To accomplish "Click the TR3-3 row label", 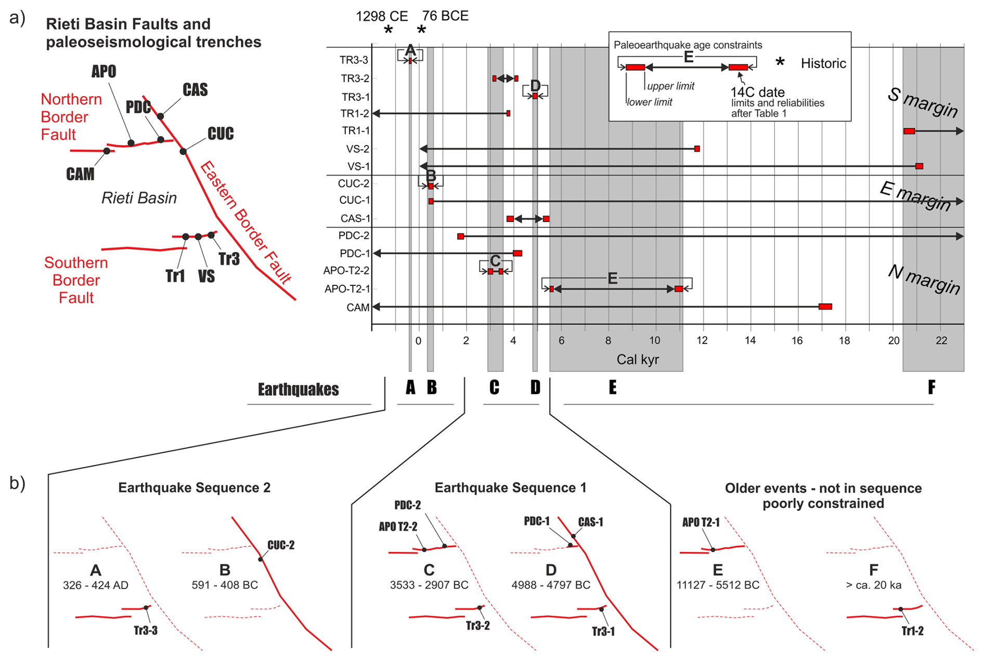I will click(x=354, y=60).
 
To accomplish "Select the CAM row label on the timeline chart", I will click(x=358, y=308).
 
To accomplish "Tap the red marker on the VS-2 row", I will click(x=697, y=149).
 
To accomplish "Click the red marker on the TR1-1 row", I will click(x=909, y=131).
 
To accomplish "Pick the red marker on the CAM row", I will click(x=825, y=307).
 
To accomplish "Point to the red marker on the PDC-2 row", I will click(x=460, y=236).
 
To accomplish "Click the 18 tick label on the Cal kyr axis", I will click(x=844, y=341).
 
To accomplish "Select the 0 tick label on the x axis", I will click(x=418, y=341).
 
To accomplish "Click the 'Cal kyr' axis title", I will click(x=638, y=360).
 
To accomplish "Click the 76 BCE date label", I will click(x=445, y=16).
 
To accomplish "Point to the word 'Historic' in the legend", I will click(x=823, y=63).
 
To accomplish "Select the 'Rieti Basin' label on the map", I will click(x=139, y=198).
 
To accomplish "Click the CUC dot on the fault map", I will click(x=183, y=151).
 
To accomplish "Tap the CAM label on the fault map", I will click(x=80, y=174).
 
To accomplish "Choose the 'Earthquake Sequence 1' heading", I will click(x=510, y=487).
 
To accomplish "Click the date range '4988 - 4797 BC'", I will click(x=551, y=585).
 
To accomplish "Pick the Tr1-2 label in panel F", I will click(x=912, y=631).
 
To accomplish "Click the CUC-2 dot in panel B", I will click(x=261, y=559).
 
